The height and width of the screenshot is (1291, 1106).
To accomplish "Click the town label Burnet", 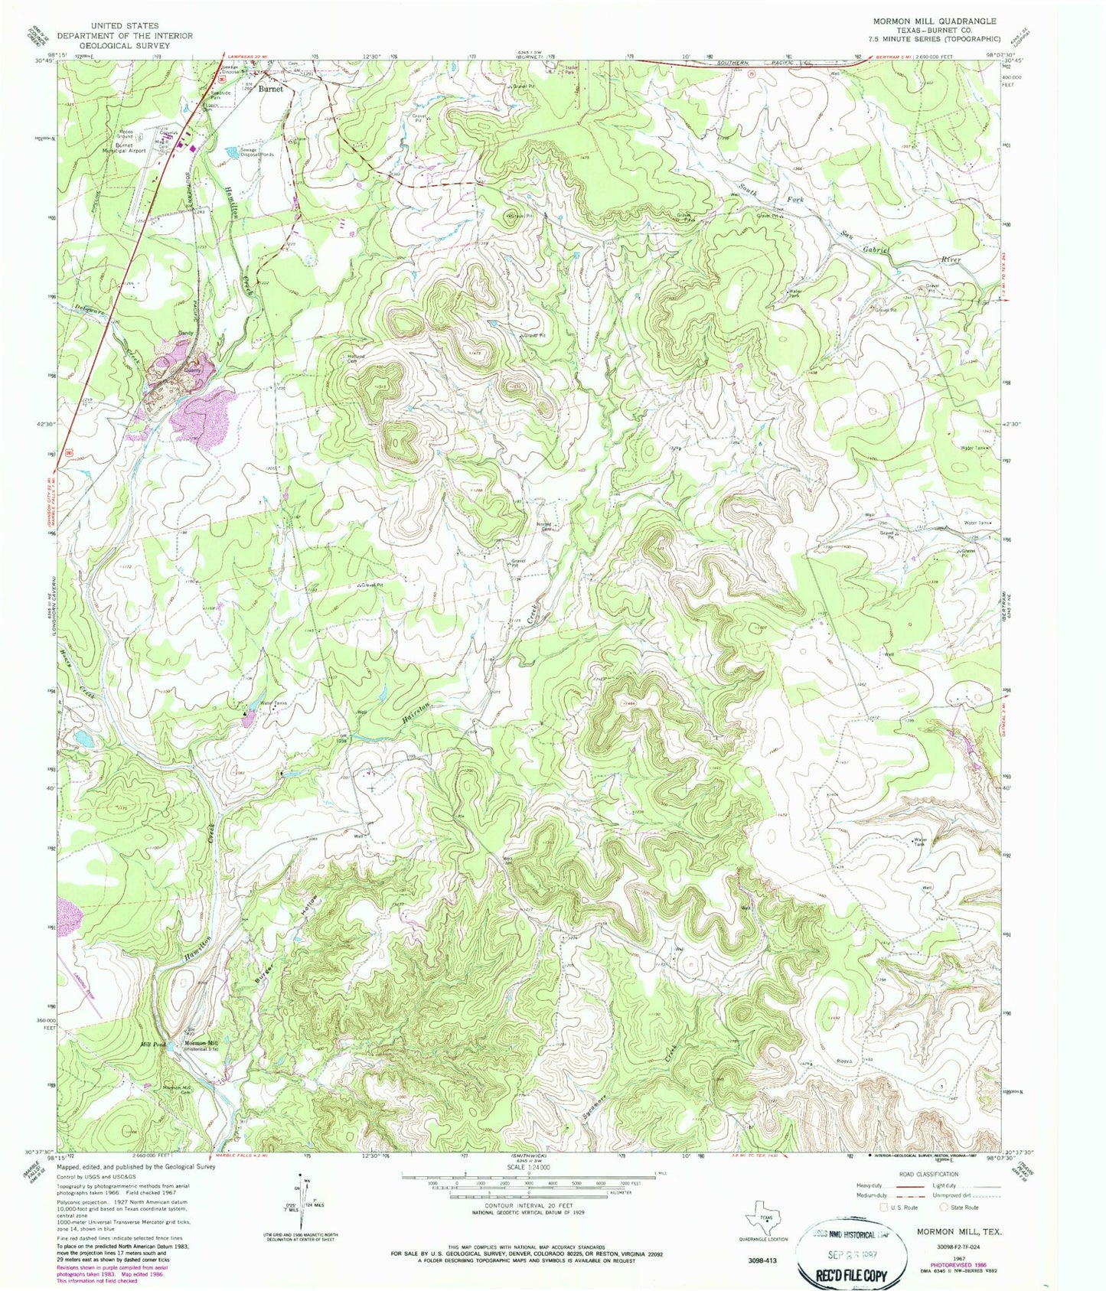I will (x=270, y=89).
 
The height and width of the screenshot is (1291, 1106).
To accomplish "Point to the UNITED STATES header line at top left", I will (x=124, y=26).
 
